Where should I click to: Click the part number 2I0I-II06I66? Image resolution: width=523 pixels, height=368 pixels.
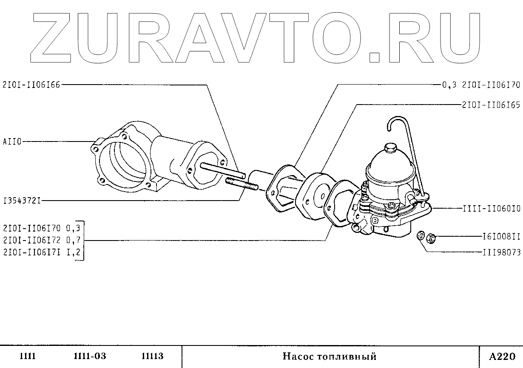click(x=31, y=85)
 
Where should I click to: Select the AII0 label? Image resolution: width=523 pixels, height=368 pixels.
click(x=11, y=142)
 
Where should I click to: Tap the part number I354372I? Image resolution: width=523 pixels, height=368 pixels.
click(x=22, y=200)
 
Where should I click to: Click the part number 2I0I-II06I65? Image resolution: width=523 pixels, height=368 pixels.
click(x=491, y=105)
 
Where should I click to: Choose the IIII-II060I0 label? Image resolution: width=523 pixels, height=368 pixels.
click(x=491, y=209)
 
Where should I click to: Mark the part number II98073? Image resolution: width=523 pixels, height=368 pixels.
click(x=501, y=252)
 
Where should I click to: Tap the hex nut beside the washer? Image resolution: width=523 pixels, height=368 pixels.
click(x=430, y=238)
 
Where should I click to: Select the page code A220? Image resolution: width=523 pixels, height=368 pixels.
click(x=502, y=356)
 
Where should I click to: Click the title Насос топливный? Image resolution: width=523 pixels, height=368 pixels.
click(x=330, y=357)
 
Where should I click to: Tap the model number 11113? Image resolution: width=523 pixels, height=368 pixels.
click(x=152, y=356)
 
